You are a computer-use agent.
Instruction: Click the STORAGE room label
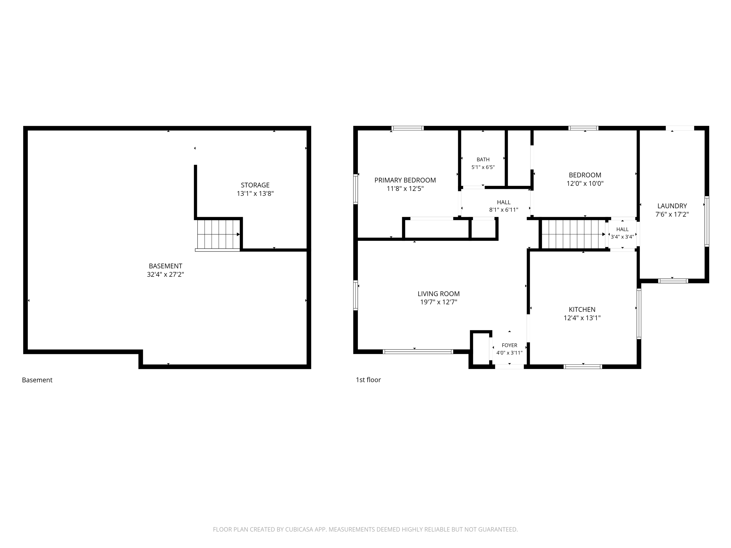[x=255, y=185]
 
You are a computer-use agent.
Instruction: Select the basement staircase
[x=218, y=235]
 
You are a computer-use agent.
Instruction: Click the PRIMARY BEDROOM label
[x=405, y=180]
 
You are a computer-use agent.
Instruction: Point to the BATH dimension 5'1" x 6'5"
[x=483, y=167]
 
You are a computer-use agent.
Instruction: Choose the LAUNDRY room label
[x=672, y=206]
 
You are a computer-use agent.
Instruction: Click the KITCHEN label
[x=582, y=309]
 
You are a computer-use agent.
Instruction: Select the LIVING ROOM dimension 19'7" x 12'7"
[x=439, y=302]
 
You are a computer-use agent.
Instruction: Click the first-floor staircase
[x=573, y=234]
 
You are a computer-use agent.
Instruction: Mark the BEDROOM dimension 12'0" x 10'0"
[x=585, y=183]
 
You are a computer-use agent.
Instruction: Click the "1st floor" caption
[x=368, y=380]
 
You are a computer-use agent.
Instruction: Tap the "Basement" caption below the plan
[x=37, y=380]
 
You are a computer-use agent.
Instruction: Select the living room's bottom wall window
[x=418, y=352]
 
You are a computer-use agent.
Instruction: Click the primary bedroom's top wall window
[x=407, y=128]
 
